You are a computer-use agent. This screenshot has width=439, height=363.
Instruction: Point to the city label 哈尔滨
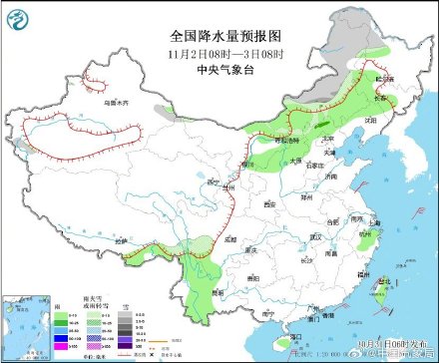(384, 78)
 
